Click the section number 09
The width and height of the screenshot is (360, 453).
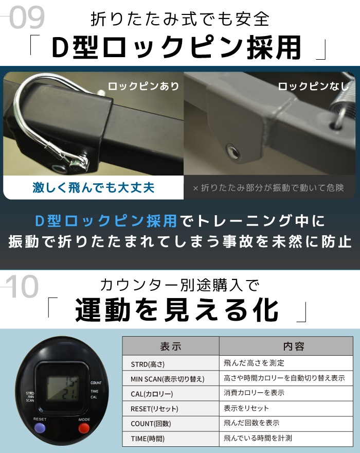(x=27, y=18)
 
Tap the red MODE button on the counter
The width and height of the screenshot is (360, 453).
(x=84, y=428)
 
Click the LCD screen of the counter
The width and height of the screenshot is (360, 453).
(x=63, y=389)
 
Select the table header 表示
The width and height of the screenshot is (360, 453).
(x=171, y=346)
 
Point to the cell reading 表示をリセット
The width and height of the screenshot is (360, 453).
(x=246, y=408)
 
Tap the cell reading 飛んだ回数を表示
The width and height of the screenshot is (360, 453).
(x=251, y=423)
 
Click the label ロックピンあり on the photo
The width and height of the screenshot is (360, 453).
(x=143, y=86)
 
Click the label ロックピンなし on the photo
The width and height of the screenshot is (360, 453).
(x=314, y=86)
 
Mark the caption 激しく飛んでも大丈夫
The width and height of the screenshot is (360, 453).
(x=94, y=187)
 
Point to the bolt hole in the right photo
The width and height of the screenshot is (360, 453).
(x=232, y=151)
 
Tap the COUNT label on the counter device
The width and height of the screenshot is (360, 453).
(x=96, y=383)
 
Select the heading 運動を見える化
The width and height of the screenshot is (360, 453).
(x=177, y=310)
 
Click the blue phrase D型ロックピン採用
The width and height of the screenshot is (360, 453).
(x=105, y=221)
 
